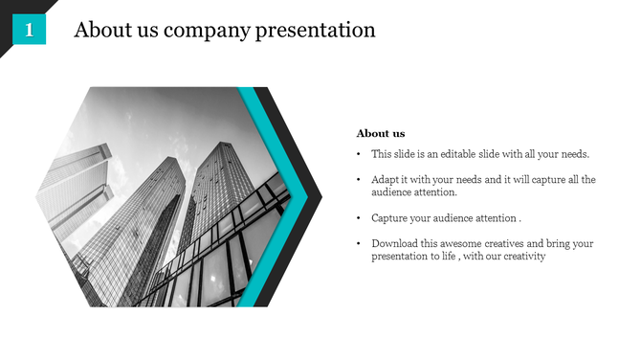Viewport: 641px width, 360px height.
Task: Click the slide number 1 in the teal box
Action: pyautogui.click(x=29, y=31)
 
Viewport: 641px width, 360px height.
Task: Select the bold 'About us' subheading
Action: pyautogui.click(x=381, y=133)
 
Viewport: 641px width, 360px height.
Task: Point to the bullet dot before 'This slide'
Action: pyautogui.click(x=358, y=154)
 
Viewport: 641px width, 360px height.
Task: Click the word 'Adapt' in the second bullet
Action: pyautogui.click(x=386, y=180)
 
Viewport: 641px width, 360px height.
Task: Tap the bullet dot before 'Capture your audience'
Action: pyautogui.click(x=358, y=218)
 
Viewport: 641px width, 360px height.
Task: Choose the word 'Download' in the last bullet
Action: pyautogui.click(x=395, y=244)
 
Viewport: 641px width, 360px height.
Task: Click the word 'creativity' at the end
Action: pyautogui.click(x=520, y=257)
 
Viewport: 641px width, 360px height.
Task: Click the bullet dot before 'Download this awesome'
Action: pyautogui.click(x=358, y=244)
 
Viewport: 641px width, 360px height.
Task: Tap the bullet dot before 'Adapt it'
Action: pyautogui.click(x=358, y=180)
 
